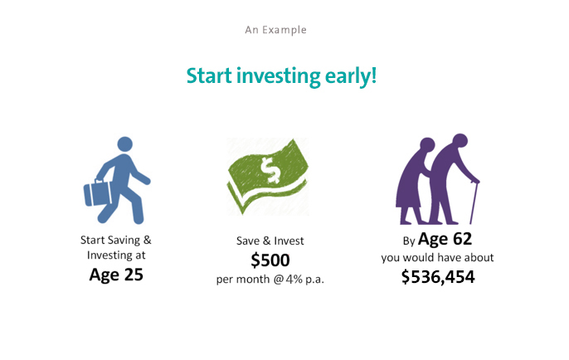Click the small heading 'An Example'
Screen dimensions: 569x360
pos(275,30)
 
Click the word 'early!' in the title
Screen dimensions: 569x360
pos(351,76)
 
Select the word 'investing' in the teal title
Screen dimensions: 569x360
pos(279,76)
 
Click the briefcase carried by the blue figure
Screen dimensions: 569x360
pos(98,193)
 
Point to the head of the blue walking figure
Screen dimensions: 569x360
pos(124,144)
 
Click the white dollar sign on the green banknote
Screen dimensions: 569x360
pos(270,169)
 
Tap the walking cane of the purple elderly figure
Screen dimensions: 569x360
pos(474,202)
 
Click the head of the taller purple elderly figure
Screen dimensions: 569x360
pos(460,141)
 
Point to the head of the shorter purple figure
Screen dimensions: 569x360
pos(427,144)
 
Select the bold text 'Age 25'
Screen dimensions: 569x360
pos(116,275)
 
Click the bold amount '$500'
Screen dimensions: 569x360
pos(270,260)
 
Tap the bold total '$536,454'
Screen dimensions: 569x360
pos(438,277)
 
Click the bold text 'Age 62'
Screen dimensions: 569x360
pos(445,239)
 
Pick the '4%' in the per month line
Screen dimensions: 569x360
pos(294,279)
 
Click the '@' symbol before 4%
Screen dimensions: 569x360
pos(279,280)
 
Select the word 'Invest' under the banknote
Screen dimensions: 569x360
pos(289,241)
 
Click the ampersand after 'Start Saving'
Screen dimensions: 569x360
pos(147,240)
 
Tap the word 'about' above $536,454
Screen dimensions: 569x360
pos(479,258)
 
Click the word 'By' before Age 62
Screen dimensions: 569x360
pos(409,241)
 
